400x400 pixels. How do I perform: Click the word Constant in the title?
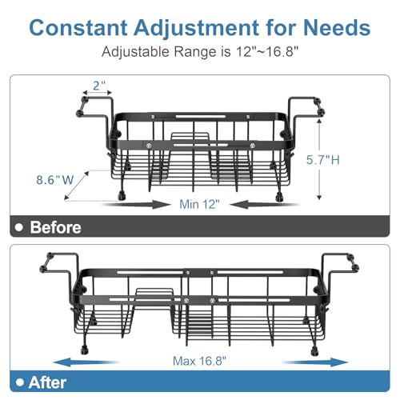click(x=78, y=27)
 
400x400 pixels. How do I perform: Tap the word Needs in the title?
click(x=337, y=27)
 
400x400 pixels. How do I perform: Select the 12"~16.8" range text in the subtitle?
click(x=267, y=51)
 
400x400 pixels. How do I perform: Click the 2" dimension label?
click(x=99, y=86)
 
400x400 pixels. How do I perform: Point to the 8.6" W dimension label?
click(x=55, y=180)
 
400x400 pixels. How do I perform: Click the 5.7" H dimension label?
click(x=323, y=160)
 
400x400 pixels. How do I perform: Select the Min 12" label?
click(x=199, y=204)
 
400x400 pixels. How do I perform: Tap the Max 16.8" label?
click(x=199, y=361)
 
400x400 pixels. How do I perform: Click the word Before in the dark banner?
click(x=55, y=227)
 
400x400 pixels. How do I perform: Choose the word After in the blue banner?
click(x=47, y=382)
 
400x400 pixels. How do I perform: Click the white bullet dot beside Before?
click(x=19, y=227)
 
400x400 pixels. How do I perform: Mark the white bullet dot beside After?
click(x=20, y=382)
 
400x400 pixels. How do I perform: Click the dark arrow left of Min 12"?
click(x=136, y=205)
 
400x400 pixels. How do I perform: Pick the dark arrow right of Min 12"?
click(x=265, y=205)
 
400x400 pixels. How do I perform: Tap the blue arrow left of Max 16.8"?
click(x=86, y=362)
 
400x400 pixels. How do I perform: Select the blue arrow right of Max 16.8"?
click(x=315, y=362)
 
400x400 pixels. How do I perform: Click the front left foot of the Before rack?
click(x=122, y=196)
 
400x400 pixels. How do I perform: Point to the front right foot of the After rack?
click(x=314, y=350)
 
